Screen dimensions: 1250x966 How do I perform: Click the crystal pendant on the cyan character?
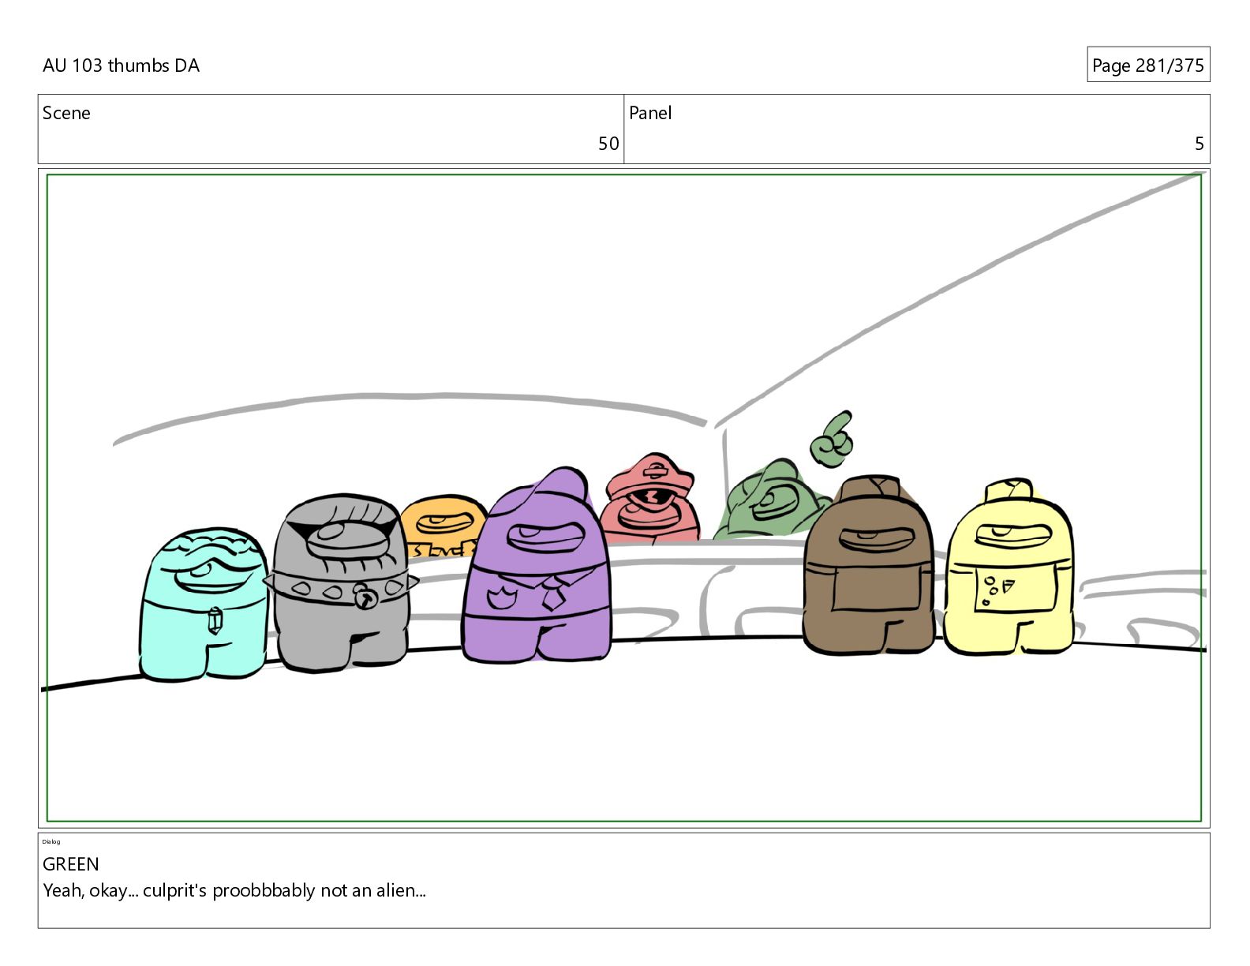click(x=215, y=620)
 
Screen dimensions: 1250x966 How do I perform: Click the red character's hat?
click(x=650, y=475)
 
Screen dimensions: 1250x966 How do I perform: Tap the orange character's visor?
click(x=444, y=523)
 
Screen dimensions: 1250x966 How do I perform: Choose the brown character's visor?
click(x=876, y=539)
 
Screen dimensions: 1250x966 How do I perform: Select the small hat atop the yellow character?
click(x=1009, y=490)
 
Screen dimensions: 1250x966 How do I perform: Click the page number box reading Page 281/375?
click(x=1148, y=65)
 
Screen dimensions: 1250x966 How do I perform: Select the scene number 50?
click(x=608, y=144)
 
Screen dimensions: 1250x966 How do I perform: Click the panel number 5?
click(x=1199, y=144)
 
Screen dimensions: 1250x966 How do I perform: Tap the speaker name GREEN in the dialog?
click(x=71, y=864)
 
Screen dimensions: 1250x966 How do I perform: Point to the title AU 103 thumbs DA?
click(x=121, y=66)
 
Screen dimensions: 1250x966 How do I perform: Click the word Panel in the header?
click(x=650, y=113)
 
